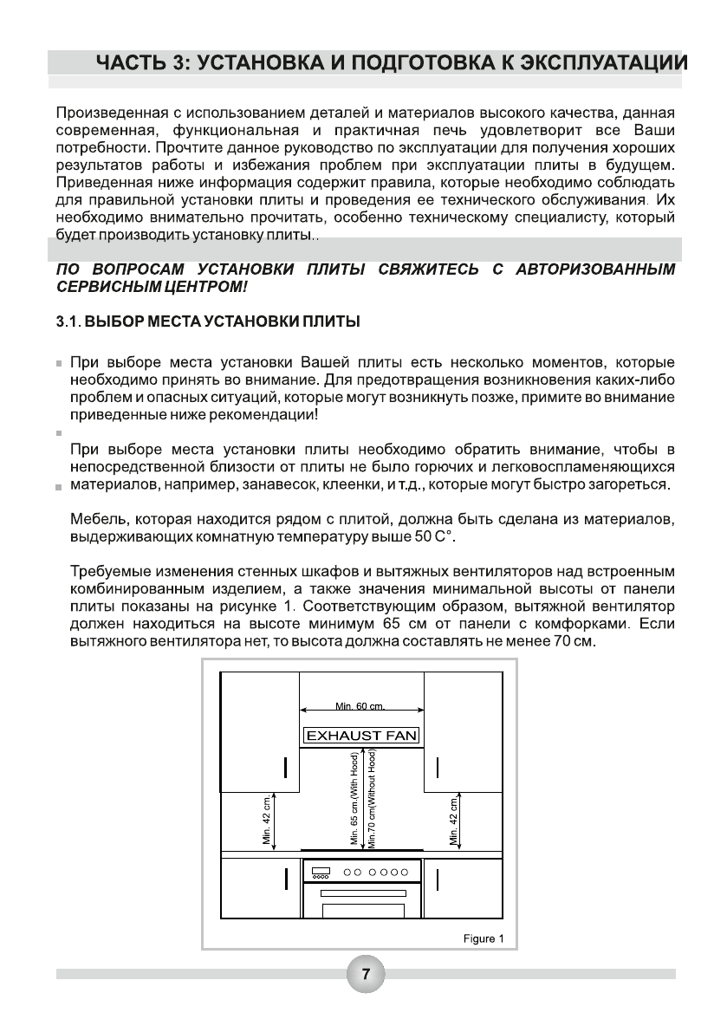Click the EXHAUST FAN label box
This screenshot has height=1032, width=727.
coord(361,736)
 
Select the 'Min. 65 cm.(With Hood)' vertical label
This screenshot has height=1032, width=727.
coord(354,798)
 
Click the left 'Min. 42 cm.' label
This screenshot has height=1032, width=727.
coord(268,819)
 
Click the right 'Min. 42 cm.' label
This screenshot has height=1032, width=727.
coord(453,819)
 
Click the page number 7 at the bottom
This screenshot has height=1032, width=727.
coord(366,974)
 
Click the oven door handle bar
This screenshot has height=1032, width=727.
coord(362,892)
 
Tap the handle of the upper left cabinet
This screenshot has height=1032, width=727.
coord(285,768)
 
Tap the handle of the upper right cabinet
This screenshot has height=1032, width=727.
coord(438,768)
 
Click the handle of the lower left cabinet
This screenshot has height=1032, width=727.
coord(285,879)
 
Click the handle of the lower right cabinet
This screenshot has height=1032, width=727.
coord(438,879)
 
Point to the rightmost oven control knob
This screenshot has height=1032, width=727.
coord(405,873)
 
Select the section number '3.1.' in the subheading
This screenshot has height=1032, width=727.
coord(68,322)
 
